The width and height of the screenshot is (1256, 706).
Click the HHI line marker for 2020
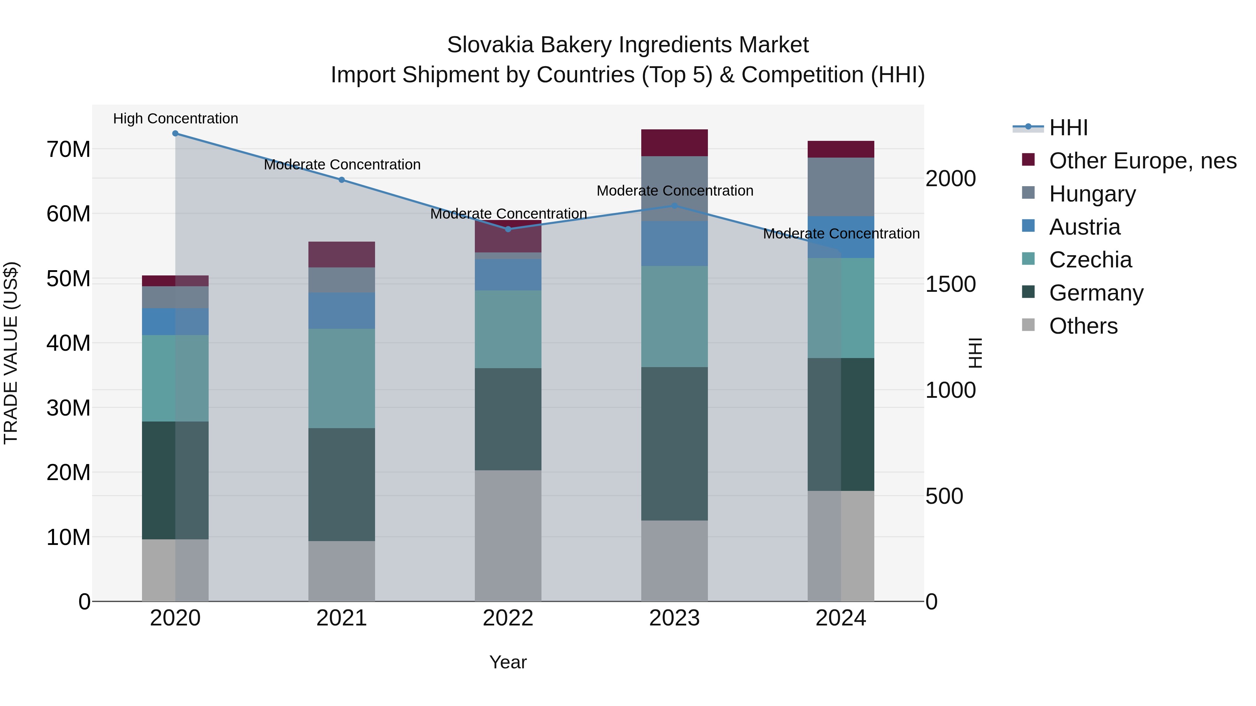[175, 134]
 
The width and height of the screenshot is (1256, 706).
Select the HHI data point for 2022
[508, 229]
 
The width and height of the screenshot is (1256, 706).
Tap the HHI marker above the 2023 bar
[674, 206]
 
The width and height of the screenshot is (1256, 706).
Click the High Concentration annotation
[175, 119]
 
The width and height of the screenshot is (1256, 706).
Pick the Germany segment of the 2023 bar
[674, 443]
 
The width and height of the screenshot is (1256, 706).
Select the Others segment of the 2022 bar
[508, 536]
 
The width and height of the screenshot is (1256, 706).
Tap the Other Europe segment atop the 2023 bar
[674, 143]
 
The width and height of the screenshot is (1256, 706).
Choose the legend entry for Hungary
[1092, 194]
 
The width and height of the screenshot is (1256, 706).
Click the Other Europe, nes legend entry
[1142, 161]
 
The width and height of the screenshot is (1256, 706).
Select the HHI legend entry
[1068, 128]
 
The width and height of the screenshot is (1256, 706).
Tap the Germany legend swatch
[1028, 293]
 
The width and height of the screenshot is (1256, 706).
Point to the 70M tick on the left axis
[68, 149]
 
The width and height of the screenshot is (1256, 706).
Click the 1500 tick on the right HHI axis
[950, 284]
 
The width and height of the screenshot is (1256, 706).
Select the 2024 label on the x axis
[840, 618]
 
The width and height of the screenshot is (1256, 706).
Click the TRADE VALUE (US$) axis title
[11, 353]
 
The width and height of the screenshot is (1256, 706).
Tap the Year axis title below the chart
[508, 662]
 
